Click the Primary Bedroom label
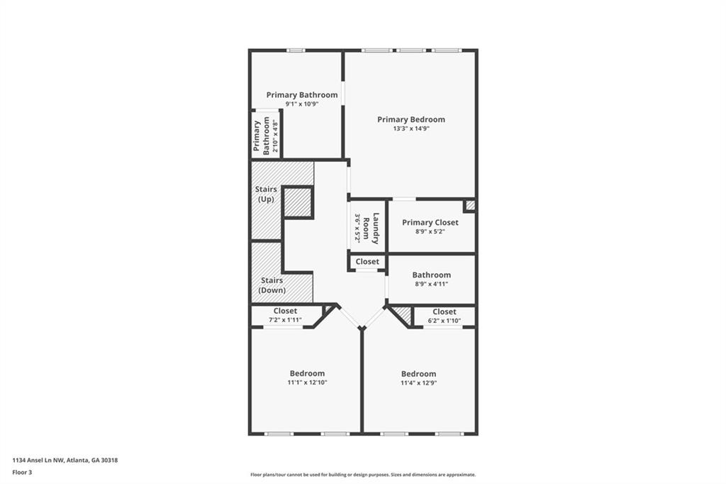tap(411, 119)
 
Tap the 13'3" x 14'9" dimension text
tap(411, 129)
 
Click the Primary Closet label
tap(430, 222)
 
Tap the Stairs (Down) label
tap(272, 285)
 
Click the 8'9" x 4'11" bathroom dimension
tap(432, 284)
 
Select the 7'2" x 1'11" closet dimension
tap(285, 320)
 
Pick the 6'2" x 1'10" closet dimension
tap(444, 321)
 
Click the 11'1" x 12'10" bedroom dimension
tap(307, 383)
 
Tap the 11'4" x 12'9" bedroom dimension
tap(418, 383)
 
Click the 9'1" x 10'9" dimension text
tap(302, 104)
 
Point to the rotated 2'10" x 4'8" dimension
tap(275, 135)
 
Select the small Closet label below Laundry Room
tap(367, 262)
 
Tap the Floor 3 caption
tap(22, 471)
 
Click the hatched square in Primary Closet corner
tap(469, 206)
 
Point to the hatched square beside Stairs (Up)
tap(298, 203)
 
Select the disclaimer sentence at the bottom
tap(362, 475)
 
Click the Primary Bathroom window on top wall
tap(296, 50)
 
